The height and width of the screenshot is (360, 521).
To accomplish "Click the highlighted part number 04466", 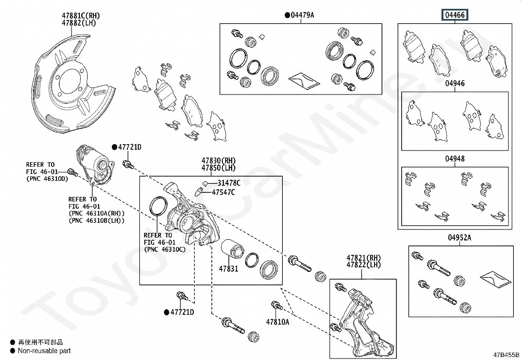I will click(x=455, y=15).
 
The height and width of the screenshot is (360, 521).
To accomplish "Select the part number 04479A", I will click(x=302, y=15).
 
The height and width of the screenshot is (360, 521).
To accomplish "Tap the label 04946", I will click(x=455, y=84).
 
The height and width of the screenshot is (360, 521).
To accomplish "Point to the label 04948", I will click(x=455, y=159).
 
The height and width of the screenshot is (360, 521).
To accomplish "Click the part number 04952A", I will click(x=459, y=238).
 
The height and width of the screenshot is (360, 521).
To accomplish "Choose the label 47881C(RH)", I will click(x=81, y=16).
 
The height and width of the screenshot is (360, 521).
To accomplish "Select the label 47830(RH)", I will click(x=218, y=161).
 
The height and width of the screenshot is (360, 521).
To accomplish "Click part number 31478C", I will click(x=229, y=183).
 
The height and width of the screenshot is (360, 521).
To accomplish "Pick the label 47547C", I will click(x=223, y=193).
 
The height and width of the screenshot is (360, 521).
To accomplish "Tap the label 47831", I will click(x=228, y=269).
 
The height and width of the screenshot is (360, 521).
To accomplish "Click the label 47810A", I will click(x=278, y=322).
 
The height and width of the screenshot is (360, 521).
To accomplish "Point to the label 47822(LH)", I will click(x=364, y=265).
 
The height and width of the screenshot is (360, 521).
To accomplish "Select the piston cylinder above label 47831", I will click(x=232, y=251).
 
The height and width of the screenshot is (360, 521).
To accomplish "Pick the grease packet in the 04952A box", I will click(x=495, y=279).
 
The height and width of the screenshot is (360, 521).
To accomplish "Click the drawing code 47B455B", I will click(x=506, y=355).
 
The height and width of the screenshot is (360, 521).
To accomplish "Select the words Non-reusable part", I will click(x=44, y=351).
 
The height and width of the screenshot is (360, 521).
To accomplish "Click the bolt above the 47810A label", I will click(x=277, y=306).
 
